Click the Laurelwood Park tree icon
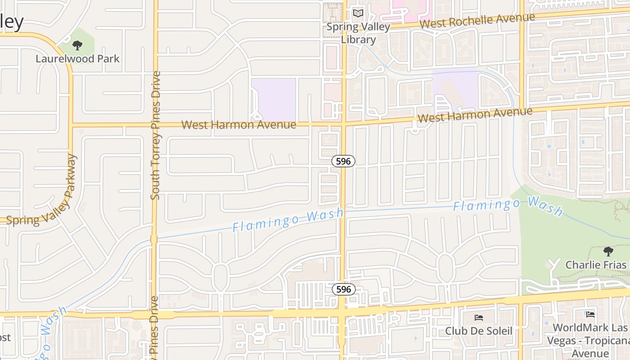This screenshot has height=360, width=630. point(77,45)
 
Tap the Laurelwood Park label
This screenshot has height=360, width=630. point(77,58)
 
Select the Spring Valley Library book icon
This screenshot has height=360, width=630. point(358,13)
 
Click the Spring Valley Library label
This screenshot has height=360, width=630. point(358,33)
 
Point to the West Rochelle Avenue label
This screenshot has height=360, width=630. point(477,20)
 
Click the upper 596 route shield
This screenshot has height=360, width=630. point(343,161)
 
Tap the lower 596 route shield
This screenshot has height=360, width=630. point(343,289)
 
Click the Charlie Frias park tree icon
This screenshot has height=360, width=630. point(608,251)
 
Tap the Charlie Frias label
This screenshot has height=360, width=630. point(596,265)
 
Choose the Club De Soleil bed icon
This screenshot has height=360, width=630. point(479,318)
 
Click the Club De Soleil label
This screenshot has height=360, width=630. point(479,331)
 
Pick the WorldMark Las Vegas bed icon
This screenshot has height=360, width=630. point(590,314)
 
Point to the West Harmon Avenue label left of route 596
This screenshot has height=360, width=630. point(238,125)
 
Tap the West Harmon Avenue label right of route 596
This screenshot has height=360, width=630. point(475,114)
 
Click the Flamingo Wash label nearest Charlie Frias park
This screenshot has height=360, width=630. point(508,205)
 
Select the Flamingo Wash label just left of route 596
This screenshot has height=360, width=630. point(288,220)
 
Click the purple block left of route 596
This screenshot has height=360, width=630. point(273,99)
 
